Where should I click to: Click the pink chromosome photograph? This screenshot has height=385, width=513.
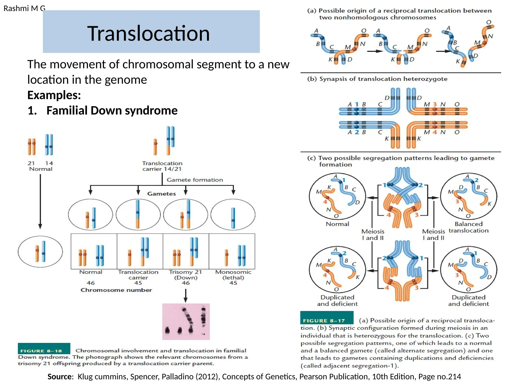[186, 322]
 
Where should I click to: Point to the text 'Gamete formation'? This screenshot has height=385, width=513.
[195, 180]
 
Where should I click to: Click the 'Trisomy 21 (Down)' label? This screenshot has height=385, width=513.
[185, 275]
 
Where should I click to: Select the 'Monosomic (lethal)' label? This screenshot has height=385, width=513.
[233, 275]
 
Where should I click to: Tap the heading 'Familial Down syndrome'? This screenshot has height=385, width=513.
[112, 111]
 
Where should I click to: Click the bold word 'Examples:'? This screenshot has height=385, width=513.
[54, 95]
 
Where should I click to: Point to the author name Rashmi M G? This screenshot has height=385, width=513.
[24, 9]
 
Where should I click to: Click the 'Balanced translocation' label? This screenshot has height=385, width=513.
[468, 227]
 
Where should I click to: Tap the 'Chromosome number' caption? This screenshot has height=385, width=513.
[116, 290]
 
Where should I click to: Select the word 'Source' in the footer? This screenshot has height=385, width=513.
[59, 377]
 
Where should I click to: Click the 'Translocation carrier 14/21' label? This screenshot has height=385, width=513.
[162, 166]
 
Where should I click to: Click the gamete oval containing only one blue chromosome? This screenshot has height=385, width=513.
[233, 215]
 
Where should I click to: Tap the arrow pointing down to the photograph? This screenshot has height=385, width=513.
[185, 296]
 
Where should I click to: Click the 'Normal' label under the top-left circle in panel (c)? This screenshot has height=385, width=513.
[337, 224]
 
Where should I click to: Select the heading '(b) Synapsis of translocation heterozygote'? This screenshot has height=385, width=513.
[377, 79]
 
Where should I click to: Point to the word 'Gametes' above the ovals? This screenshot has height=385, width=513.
[162, 194]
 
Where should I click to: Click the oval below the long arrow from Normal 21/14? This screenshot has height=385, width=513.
[40, 252]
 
